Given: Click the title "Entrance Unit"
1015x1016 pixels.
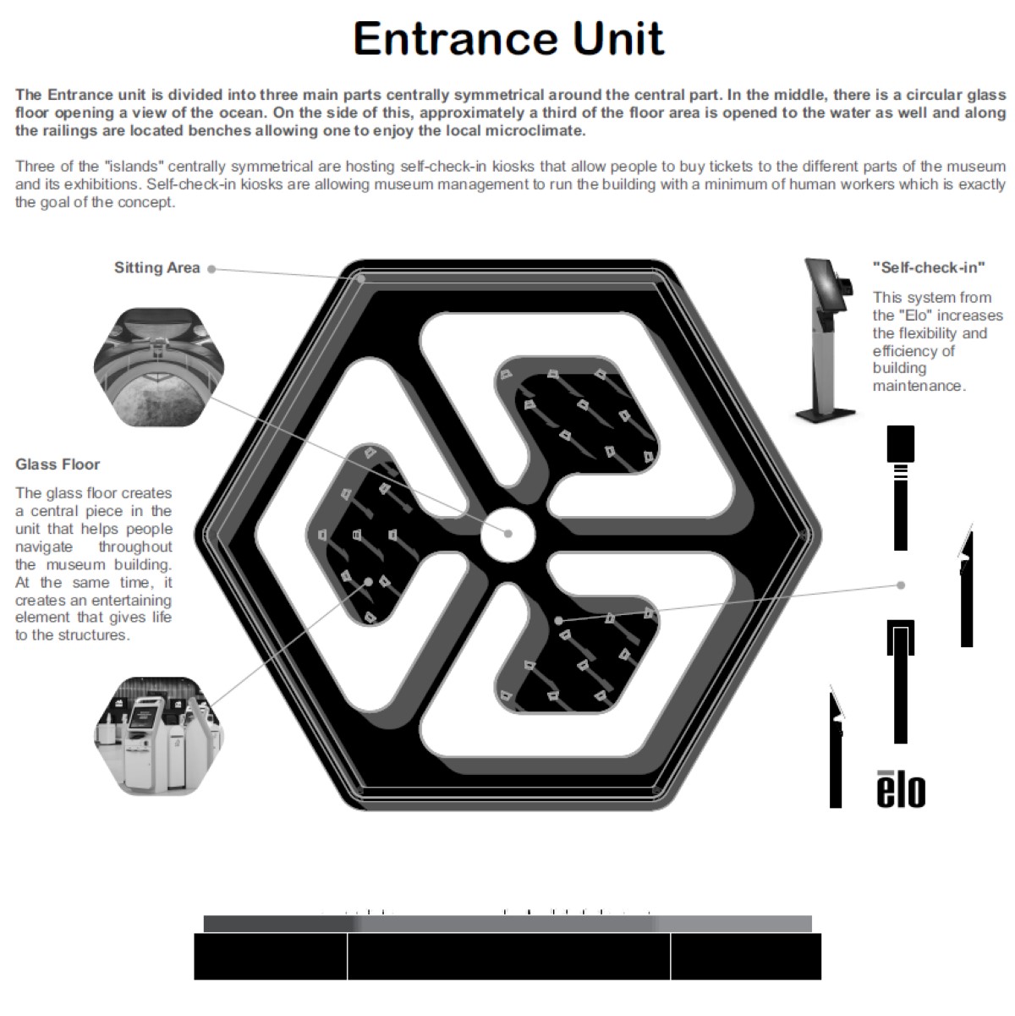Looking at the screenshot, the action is [x=507, y=38].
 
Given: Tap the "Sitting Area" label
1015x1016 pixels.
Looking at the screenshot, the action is [x=157, y=268].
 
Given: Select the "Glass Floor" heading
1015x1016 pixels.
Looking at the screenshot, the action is [x=58, y=464].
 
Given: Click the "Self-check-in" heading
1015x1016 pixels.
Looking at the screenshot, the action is [x=929, y=268].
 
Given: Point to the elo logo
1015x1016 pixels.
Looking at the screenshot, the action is [x=901, y=789].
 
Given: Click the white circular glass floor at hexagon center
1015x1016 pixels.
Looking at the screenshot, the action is [x=507, y=534].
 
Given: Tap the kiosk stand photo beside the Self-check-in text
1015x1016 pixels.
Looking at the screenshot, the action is [x=826, y=340].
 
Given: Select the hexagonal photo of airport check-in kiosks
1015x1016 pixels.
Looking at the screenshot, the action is [x=159, y=736].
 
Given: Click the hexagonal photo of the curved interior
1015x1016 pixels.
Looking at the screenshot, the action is [x=159, y=367].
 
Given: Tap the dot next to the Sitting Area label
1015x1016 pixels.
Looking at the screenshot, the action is [x=211, y=269].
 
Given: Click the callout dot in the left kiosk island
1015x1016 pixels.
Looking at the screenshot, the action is [x=369, y=582].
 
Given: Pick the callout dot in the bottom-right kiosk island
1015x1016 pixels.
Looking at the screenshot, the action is [x=559, y=621].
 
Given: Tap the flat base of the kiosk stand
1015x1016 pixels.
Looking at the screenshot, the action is [x=826, y=415].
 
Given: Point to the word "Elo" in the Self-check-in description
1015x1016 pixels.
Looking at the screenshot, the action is [x=913, y=316].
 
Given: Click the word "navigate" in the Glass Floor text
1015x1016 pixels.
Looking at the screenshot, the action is [x=44, y=546].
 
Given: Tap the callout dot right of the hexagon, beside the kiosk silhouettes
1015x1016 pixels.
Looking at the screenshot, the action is [x=901, y=585].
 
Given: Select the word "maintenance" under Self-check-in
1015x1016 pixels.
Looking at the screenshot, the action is [x=919, y=386].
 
